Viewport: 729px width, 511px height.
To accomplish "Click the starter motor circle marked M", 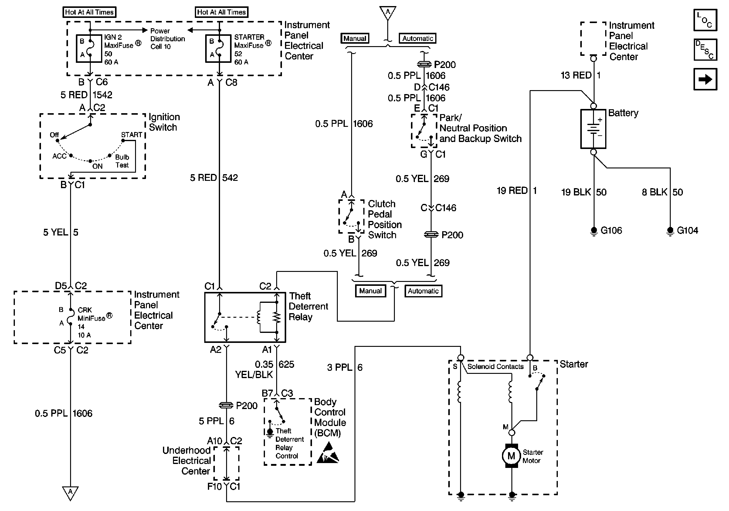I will click(x=511, y=456).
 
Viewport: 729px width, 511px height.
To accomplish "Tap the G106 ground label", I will click(x=611, y=230).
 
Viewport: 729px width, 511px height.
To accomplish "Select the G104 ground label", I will click(x=687, y=230).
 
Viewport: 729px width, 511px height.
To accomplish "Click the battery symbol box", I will click(x=593, y=129).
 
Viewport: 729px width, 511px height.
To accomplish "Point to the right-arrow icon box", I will click(x=705, y=79).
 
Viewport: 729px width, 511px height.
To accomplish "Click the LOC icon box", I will click(x=705, y=20).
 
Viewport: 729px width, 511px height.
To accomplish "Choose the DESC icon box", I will click(x=705, y=49).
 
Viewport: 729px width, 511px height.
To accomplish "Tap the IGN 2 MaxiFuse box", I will click(x=89, y=48).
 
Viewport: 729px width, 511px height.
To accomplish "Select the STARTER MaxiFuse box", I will click(x=218, y=48).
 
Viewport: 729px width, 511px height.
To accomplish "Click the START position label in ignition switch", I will click(x=131, y=135).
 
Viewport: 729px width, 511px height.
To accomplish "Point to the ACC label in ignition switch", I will click(x=59, y=156).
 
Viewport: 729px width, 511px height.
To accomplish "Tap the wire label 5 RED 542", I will click(x=214, y=178).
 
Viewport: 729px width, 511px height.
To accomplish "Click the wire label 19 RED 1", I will click(x=517, y=191).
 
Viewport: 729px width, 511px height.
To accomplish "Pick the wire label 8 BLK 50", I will click(x=662, y=192).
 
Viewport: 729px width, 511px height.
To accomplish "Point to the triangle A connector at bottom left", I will click(x=70, y=492).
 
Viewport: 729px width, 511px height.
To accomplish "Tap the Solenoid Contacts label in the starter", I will click(x=495, y=367).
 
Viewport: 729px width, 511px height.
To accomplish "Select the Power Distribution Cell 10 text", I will click(x=167, y=39).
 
